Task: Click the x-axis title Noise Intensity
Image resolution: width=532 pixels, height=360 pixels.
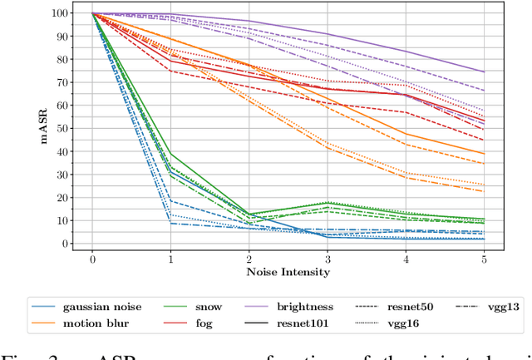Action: click(x=288, y=272)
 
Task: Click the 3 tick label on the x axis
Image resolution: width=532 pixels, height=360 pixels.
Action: click(x=328, y=259)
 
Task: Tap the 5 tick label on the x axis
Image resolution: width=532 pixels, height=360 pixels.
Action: click(x=485, y=259)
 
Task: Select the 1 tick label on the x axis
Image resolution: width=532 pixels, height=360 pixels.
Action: click(x=171, y=259)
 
